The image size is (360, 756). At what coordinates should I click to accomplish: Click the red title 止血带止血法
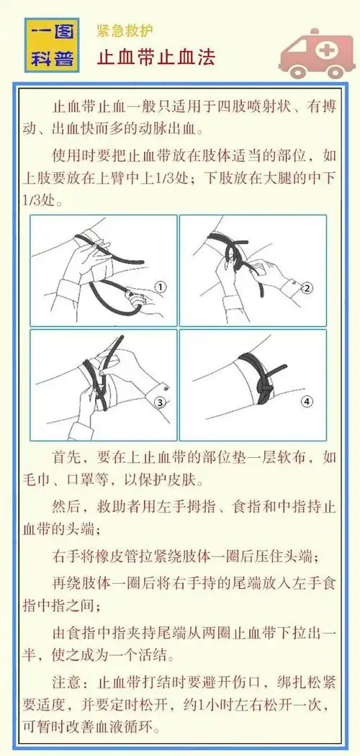pyautogui.click(x=156, y=57)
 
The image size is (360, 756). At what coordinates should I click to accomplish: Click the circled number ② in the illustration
pyautogui.click(x=308, y=288)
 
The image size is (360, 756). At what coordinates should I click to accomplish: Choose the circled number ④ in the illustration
pyautogui.click(x=308, y=401)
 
